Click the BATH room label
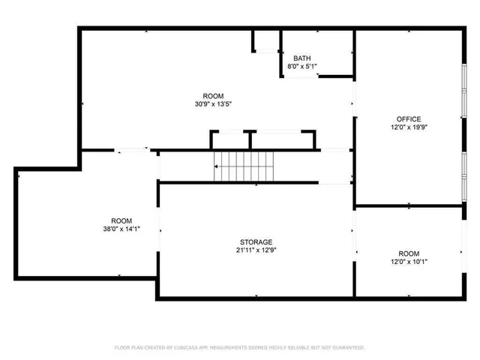301,58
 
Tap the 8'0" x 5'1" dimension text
301,67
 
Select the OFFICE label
409,118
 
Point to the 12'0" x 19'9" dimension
409,127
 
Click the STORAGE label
255,241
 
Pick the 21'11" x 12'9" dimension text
255,250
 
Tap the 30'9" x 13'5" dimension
213,105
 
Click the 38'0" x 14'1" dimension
121,229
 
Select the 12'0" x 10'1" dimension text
409,262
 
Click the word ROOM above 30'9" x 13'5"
213,96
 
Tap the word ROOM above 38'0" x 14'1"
121,220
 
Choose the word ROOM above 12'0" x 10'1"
409,253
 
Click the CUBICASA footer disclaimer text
239,348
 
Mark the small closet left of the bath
265,40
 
